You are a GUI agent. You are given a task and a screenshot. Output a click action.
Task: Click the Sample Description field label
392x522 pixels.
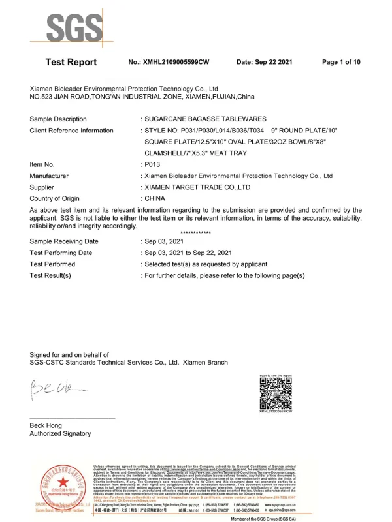pyautogui.click(x=58, y=119)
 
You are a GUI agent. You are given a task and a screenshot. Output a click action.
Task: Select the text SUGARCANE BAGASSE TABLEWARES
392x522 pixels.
pyautogui.click(x=204, y=119)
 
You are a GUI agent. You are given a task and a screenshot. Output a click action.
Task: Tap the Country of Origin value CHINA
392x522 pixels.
pyautogui.click(x=155, y=198)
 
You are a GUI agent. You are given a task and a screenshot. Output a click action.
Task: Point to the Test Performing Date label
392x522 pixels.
pyautogui.click(x=61, y=253)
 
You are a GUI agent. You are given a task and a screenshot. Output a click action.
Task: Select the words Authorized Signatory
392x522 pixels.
pyautogui.click(x=60, y=433)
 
